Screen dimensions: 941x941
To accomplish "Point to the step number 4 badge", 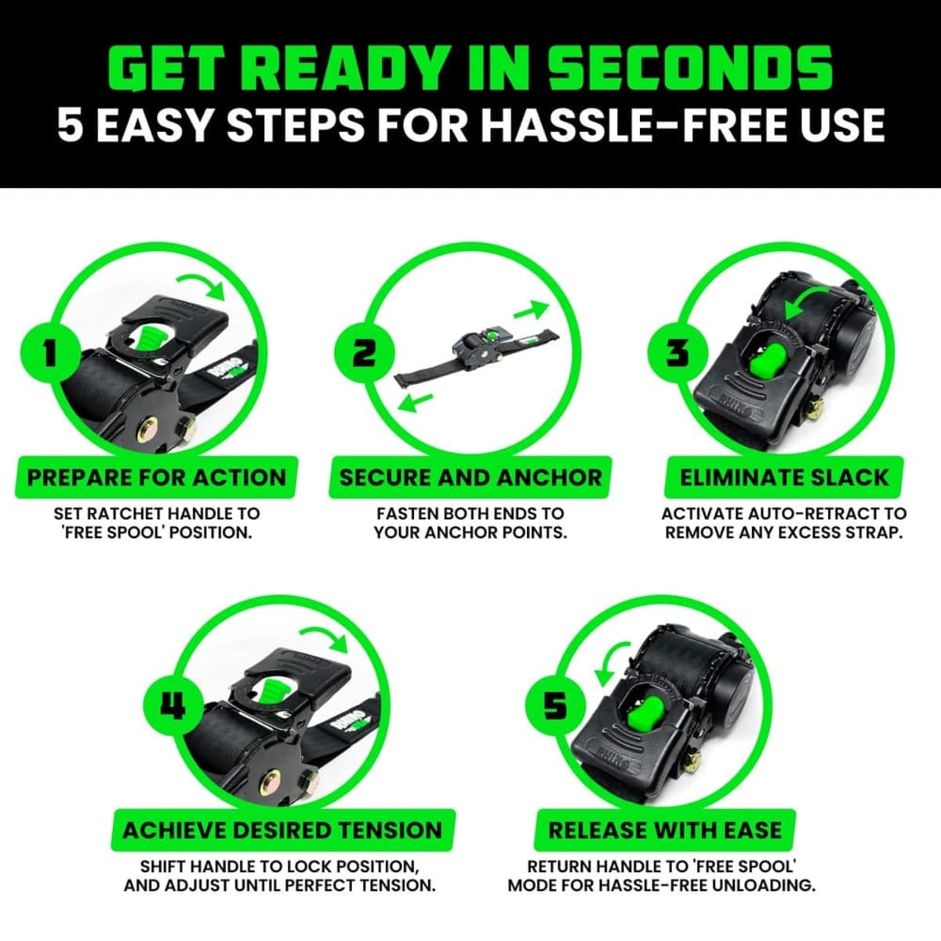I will point(173,706).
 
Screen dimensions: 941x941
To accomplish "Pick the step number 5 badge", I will point(554,706).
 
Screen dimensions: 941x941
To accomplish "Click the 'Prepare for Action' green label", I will point(157,478).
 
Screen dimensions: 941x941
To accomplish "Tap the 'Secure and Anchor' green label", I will point(470,478).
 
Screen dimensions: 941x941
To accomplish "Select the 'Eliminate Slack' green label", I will point(784,478).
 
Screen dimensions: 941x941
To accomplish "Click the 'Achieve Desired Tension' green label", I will point(283,830).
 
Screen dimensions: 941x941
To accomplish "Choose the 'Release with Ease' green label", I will point(665,830).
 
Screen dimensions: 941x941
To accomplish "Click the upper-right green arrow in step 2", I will point(531,310).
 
